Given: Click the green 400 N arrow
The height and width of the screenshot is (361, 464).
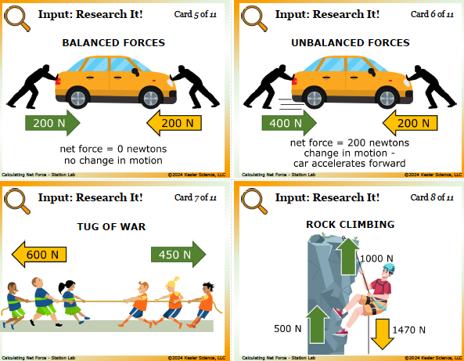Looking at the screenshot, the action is (289, 123).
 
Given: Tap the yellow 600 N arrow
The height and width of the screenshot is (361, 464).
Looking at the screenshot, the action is (39, 255).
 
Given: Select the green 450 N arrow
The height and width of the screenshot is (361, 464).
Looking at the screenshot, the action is (178, 255).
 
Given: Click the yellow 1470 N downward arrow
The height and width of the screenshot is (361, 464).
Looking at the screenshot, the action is (382, 334).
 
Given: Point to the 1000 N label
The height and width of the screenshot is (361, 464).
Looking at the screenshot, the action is (376, 258).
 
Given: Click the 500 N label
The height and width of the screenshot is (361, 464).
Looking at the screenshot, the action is (287, 329).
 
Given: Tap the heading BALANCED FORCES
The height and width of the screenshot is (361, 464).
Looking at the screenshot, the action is (113, 42).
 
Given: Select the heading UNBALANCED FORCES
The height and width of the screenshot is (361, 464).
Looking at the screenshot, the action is (351, 42).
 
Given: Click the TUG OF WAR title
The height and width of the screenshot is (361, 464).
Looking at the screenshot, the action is (112, 226).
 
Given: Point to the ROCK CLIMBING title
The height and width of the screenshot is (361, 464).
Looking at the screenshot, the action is (351, 225).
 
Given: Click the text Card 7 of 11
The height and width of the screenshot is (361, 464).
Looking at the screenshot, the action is (196, 197).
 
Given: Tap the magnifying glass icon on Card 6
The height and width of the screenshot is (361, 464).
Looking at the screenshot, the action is (254, 18).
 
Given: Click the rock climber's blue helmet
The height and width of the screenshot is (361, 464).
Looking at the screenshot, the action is (389, 268).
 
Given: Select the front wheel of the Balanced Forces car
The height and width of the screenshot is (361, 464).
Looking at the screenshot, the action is (151, 98).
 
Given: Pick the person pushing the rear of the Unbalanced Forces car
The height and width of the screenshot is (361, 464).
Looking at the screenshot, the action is (268, 86).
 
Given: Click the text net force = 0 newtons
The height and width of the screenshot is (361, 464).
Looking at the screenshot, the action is (113, 149).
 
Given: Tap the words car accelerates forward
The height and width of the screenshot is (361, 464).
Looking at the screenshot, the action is (350, 164).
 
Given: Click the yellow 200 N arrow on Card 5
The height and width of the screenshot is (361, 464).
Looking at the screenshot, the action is (174, 123).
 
